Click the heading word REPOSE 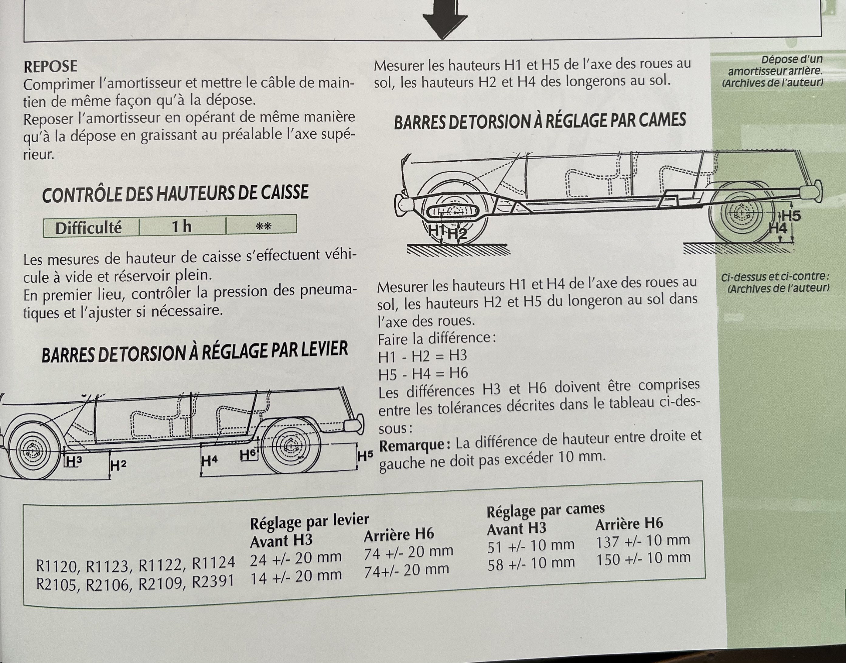[x=50, y=66]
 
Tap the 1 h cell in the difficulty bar [x=182, y=226]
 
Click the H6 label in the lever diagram [x=248, y=455]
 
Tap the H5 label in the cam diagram [x=791, y=215]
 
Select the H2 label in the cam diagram [x=457, y=234]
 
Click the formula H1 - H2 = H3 [x=423, y=356]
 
